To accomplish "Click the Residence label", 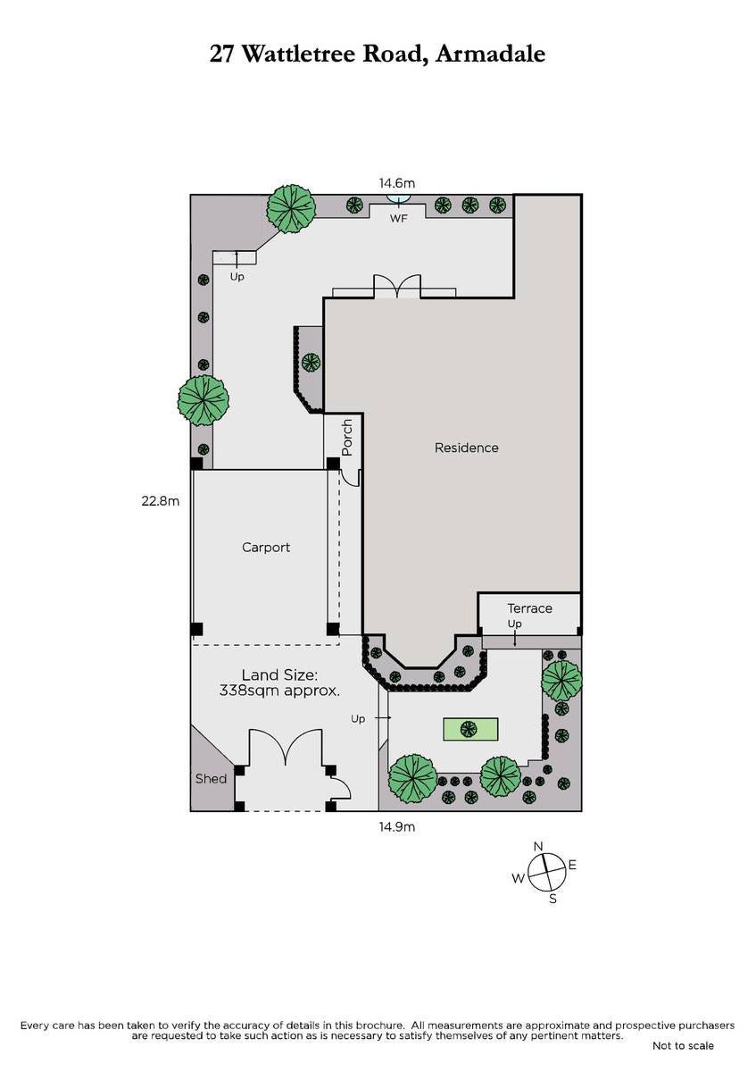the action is pos(466,448).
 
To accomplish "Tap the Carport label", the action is pos(266,547).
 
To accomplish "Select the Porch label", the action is pos(347,438).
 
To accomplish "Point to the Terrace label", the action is pos(529,608).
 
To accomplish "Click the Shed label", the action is pos(211,779).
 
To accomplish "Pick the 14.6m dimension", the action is pos(397,183).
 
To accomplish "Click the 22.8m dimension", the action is pos(160,501).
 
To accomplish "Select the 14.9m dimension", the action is pos(397,826).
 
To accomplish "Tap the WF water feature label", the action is pos(398,219).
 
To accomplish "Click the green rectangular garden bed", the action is pos(470,729).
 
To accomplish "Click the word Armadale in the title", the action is pos(491,54).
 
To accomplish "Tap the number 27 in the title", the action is pos(222,54).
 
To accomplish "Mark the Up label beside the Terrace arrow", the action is pos(514,624).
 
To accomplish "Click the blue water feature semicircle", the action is pos(398,198).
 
